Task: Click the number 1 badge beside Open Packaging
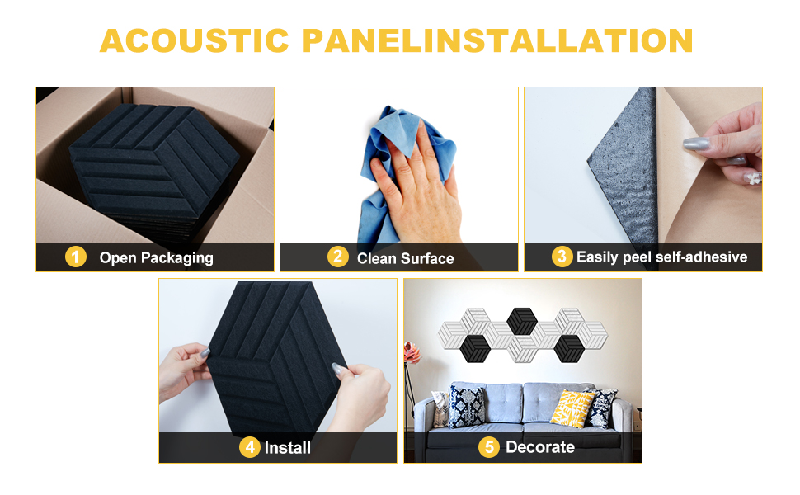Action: click(76, 257)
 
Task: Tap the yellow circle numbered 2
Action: click(338, 257)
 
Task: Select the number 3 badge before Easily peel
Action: click(562, 257)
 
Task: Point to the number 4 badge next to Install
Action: click(250, 447)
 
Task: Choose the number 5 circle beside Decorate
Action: click(489, 447)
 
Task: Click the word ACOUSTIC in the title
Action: click(195, 40)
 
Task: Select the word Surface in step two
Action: click(427, 259)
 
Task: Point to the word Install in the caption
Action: click(288, 447)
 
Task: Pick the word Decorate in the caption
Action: click(540, 447)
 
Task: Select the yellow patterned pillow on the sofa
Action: click(572, 408)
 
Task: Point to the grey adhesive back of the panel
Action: click(624, 168)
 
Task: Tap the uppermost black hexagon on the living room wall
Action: click(522, 321)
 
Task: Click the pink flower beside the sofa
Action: click(412, 353)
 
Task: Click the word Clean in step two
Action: click(377, 259)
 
